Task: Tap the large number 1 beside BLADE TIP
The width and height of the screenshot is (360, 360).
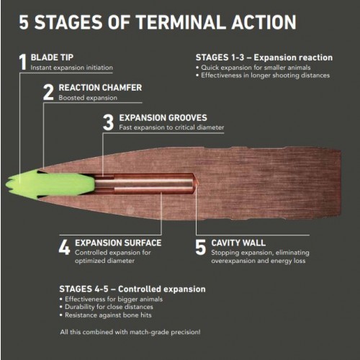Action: click(22, 62)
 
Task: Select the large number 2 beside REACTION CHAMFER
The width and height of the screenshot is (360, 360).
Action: click(48, 92)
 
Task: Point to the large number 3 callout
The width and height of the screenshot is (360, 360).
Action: click(108, 122)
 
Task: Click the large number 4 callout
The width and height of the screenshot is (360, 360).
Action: click(64, 247)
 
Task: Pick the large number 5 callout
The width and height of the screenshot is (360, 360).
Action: click(200, 247)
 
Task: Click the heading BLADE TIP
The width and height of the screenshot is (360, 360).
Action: click(52, 58)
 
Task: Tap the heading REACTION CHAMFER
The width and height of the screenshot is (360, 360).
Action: click(100, 88)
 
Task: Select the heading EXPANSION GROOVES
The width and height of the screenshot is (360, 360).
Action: click(163, 117)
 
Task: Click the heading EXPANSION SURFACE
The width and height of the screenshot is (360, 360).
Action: click(118, 243)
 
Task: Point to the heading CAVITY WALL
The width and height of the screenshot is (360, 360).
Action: click(238, 243)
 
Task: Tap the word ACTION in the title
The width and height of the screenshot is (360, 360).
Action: click(264, 22)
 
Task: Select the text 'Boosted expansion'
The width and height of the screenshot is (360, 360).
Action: click(88, 98)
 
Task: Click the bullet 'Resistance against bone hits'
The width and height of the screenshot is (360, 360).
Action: click(106, 315)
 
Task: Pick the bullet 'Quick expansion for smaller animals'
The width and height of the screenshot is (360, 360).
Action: click(253, 68)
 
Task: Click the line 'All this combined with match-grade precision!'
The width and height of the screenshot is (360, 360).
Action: click(130, 332)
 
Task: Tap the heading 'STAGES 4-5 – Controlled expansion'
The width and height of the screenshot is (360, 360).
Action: click(132, 289)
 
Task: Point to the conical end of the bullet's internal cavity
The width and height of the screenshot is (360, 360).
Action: click(195, 184)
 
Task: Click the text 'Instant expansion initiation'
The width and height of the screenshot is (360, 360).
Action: click(71, 68)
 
